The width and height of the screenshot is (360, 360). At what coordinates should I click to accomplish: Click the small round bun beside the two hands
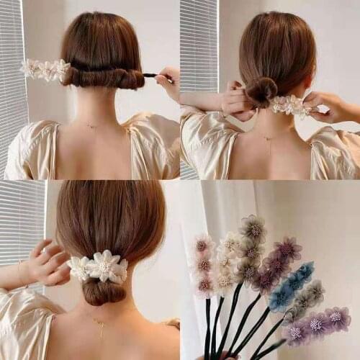(x=261, y=91)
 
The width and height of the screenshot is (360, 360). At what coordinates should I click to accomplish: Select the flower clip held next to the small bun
(x=292, y=105)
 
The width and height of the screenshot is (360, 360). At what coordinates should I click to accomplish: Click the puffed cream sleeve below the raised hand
(x=29, y=317)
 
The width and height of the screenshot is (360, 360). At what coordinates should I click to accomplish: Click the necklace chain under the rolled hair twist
(x=91, y=126)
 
